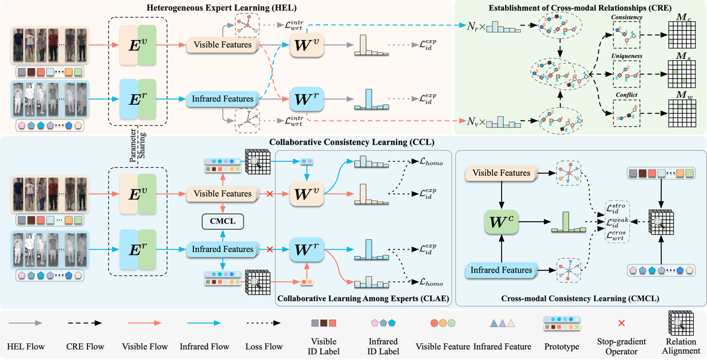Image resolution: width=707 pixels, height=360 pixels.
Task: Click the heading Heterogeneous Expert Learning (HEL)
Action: point(222,8)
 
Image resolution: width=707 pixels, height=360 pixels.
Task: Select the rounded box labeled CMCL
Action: point(223,221)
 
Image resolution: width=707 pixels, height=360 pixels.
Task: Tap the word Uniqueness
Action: point(627,56)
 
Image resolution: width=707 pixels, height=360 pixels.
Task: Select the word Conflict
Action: point(627,95)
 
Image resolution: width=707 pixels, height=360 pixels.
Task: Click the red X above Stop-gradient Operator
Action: point(622,323)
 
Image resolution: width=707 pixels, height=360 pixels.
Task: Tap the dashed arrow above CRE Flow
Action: point(84,323)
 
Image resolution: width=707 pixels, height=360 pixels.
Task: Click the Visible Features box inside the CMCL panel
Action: point(501,173)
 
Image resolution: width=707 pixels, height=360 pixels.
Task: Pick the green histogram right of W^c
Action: point(568,223)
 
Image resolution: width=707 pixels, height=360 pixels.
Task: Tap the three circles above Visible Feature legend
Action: point(443,323)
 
